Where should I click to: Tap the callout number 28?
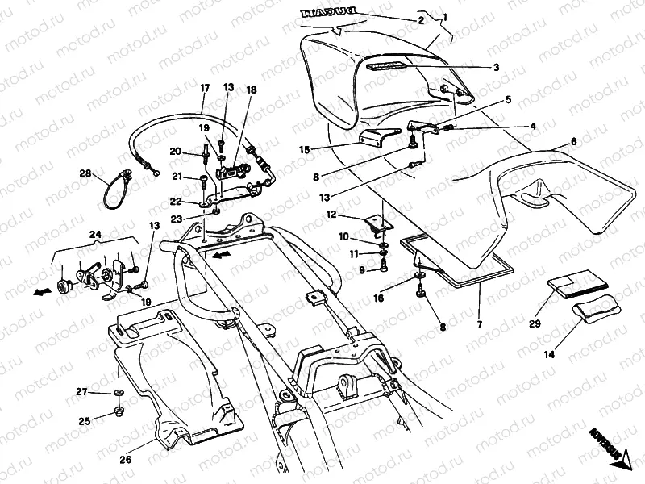(x=86, y=172)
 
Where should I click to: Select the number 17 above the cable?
(x=204, y=87)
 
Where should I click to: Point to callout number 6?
(x=574, y=142)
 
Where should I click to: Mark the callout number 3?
(x=496, y=68)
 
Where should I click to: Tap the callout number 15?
(x=304, y=149)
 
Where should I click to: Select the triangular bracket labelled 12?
(x=376, y=223)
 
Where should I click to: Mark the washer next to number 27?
(x=119, y=393)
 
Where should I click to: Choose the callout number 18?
(x=251, y=90)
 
